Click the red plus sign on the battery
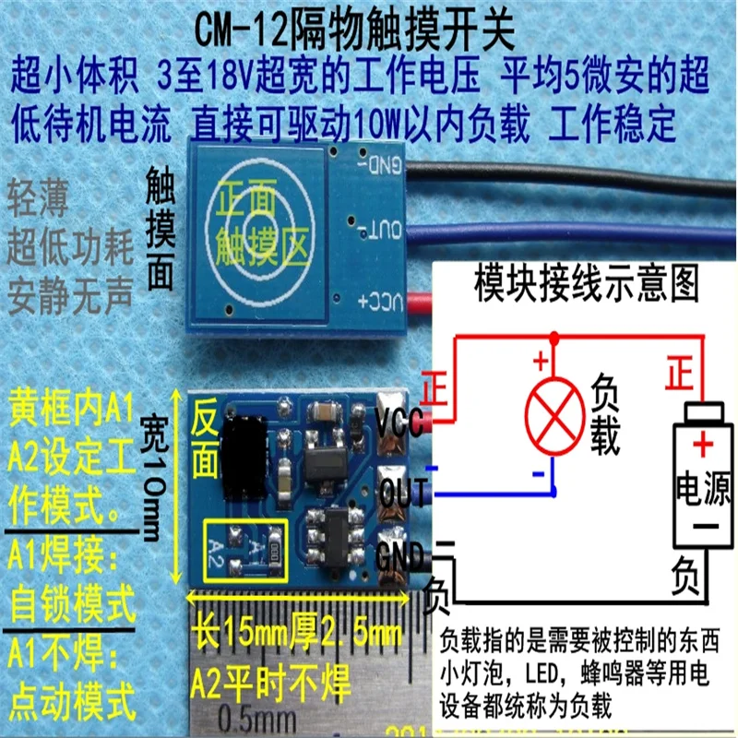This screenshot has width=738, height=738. (703, 446)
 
